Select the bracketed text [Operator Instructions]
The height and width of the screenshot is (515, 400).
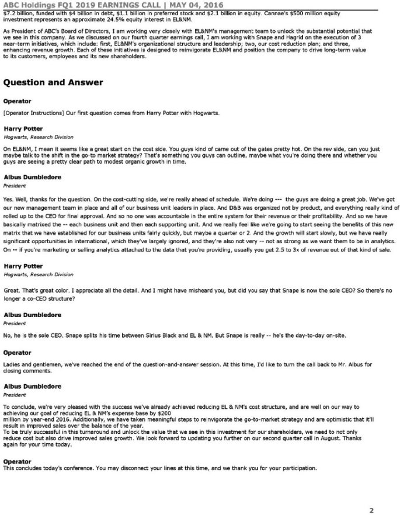(x=32, y=113)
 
